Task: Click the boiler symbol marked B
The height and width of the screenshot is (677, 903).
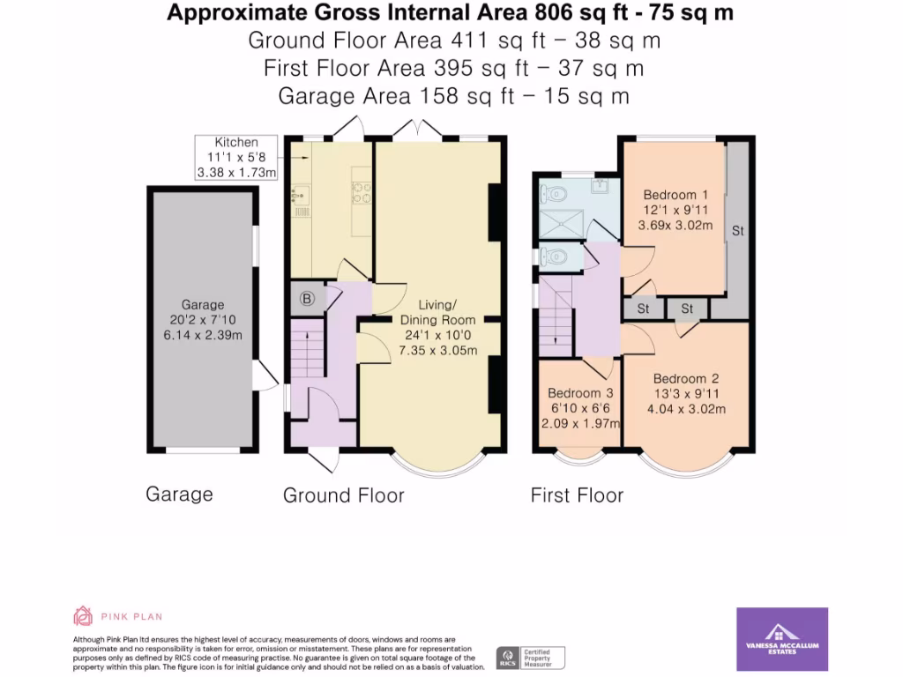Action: (x=307, y=299)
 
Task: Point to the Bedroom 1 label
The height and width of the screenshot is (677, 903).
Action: (x=675, y=210)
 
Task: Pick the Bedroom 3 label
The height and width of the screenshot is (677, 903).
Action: (x=579, y=407)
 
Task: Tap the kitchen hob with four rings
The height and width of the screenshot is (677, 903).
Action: (x=362, y=191)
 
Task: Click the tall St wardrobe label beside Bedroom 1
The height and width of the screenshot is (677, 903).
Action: (x=738, y=231)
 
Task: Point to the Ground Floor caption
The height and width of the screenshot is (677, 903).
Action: (x=344, y=495)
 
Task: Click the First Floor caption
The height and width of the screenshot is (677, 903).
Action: (x=577, y=495)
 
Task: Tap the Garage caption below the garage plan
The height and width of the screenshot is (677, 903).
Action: (x=179, y=494)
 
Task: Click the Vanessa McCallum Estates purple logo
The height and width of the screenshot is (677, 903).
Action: (x=781, y=639)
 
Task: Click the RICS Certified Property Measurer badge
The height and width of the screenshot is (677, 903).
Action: (x=530, y=657)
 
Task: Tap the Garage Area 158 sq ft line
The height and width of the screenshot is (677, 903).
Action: (x=453, y=96)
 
